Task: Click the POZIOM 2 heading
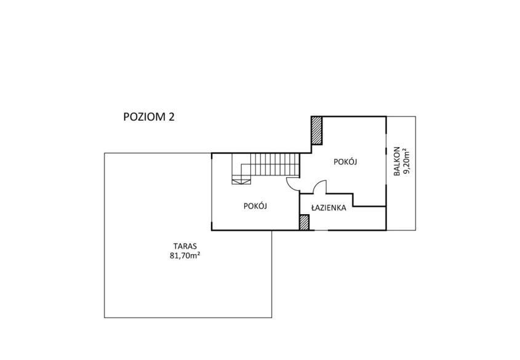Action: click(148, 117)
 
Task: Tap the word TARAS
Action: click(185, 246)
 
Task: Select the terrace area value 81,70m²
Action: click(185, 255)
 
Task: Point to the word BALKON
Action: click(397, 161)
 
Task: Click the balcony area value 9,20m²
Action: click(407, 161)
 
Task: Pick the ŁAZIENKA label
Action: click(329, 208)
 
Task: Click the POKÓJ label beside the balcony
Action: click(345, 162)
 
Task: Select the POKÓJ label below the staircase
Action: click(255, 206)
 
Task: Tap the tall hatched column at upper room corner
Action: click(317, 130)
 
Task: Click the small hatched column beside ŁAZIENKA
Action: click(304, 222)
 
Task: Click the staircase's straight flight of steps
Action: click(275, 164)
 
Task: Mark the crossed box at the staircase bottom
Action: click(241, 181)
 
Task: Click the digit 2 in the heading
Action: click(172, 117)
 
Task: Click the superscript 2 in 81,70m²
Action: click(198, 254)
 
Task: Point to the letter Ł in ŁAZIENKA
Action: click(313, 208)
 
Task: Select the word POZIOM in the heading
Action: click(144, 117)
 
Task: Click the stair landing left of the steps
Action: click(241, 166)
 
